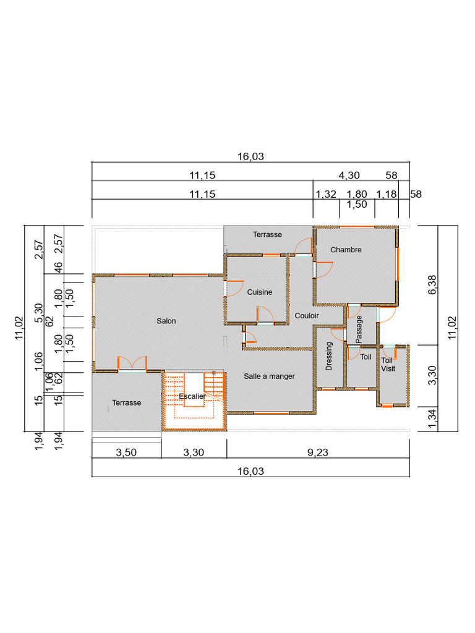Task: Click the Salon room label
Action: coord(166,321)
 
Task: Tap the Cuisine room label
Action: coord(260,292)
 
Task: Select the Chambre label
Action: coord(346,250)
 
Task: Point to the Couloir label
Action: coord(307,316)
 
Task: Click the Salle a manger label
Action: coord(270,376)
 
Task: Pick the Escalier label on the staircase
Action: coord(192,396)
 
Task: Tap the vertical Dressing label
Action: coord(329,356)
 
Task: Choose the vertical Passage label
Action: coord(359,329)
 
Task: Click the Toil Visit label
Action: coord(388,365)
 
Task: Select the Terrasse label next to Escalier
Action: coord(126,403)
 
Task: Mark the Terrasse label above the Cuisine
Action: coord(267,234)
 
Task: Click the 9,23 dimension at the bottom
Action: coord(318,452)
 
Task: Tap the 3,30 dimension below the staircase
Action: coord(194,452)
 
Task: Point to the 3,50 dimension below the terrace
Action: coord(126,452)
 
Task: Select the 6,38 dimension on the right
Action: coord(432,284)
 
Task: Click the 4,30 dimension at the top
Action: coord(349,176)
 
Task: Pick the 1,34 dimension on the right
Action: coord(432,419)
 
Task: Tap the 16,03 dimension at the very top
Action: coord(250,156)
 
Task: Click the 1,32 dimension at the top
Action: coord(326,194)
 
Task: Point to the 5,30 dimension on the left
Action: coord(39,313)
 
